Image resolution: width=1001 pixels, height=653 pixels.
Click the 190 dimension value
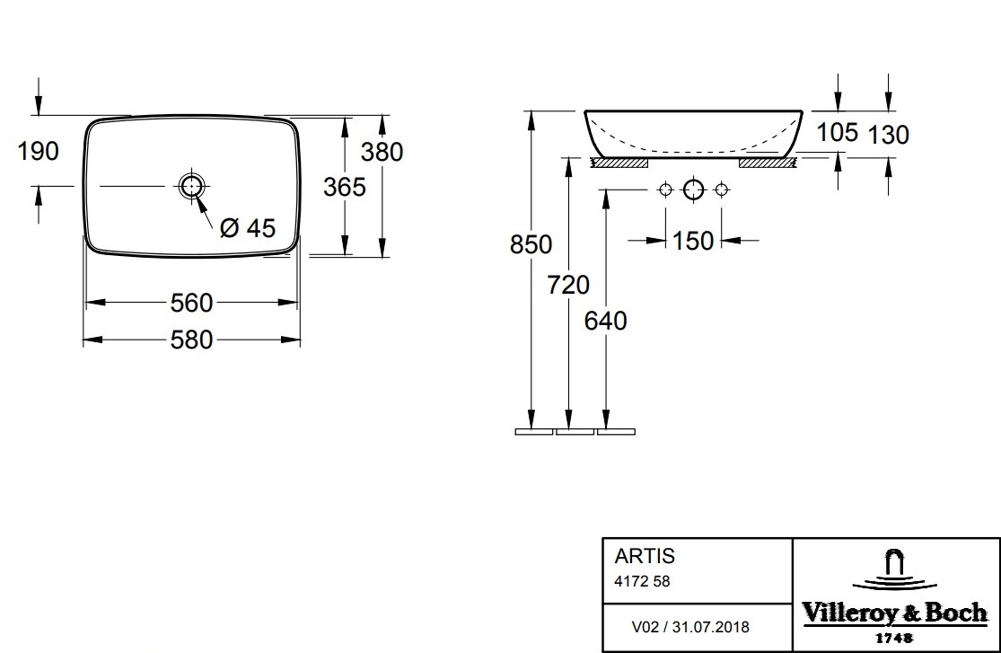point(38,151)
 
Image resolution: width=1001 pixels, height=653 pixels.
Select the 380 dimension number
point(382,152)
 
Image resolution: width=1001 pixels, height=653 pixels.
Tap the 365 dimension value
point(344,187)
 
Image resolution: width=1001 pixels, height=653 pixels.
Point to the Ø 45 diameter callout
point(247,229)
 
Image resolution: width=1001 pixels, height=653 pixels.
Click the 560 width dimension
point(191,304)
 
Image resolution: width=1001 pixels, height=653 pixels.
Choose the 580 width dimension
point(191,340)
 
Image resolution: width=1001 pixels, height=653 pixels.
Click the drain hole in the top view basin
point(191,186)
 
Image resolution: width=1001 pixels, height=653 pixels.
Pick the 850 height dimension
point(531,244)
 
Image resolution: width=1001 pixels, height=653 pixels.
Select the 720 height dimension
point(568,285)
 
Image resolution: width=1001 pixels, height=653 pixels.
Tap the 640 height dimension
point(606,321)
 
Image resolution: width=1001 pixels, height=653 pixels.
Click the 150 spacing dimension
point(693,241)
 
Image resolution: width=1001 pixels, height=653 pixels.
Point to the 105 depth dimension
point(837,133)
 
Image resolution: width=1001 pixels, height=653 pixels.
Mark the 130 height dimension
point(888,135)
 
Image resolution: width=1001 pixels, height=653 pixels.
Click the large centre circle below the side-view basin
point(693,190)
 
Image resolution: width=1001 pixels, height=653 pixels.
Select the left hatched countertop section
point(619,163)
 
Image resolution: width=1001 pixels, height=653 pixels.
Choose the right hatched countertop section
point(767,163)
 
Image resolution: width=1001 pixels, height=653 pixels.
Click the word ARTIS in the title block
point(645,558)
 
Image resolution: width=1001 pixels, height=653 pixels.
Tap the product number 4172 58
point(642,581)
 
